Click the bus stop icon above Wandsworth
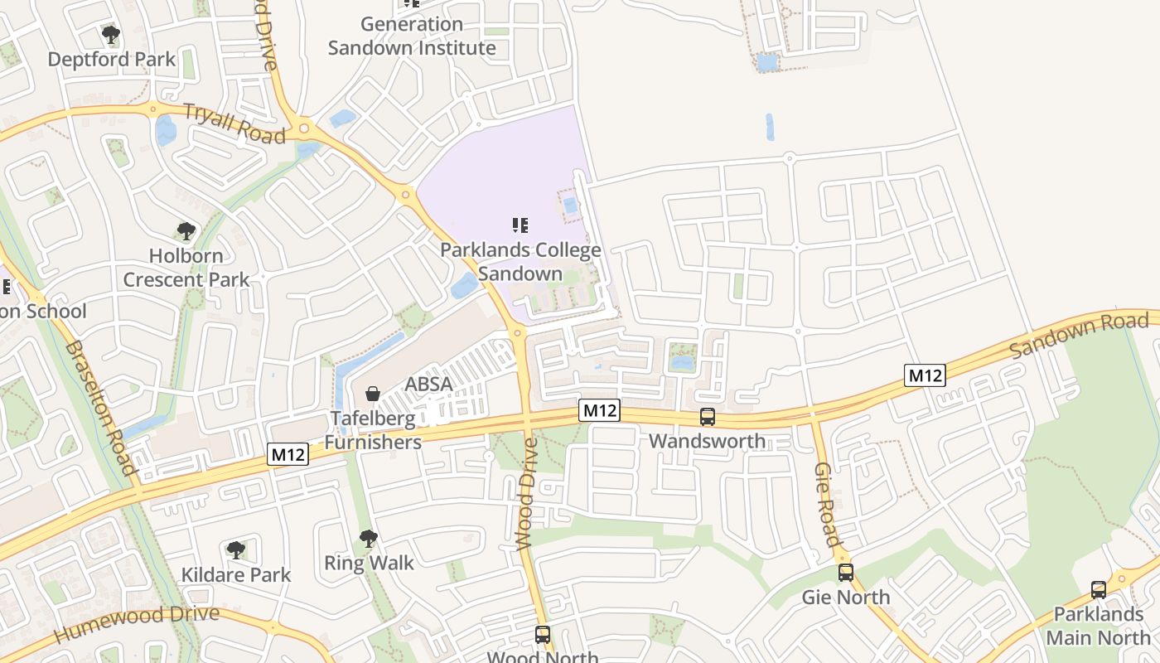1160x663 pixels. [x=708, y=417]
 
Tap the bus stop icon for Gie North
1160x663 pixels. [x=845, y=573]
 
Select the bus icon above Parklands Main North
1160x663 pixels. [x=1099, y=590]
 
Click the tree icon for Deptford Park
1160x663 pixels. [x=111, y=35]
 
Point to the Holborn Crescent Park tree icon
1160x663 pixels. [x=186, y=231]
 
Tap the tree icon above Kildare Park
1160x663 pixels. [x=236, y=549]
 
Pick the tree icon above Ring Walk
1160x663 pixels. [x=369, y=539]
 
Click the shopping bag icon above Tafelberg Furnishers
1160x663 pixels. [x=373, y=393]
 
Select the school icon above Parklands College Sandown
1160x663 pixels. [x=520, y=225]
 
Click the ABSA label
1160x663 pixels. [x=428, y=385]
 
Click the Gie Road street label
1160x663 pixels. [x=826, y=505]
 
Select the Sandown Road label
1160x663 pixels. [x=1079, y=336]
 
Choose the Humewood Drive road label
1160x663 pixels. [x=137, y=624]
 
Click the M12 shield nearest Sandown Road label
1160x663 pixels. [x=925, y=375]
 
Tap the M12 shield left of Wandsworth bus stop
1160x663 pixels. [x=599, y=410]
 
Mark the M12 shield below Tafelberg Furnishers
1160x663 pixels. [x=288, y=454]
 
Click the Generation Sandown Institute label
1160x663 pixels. [x=412, y=36]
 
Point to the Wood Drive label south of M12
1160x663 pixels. [x=527, y=494]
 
